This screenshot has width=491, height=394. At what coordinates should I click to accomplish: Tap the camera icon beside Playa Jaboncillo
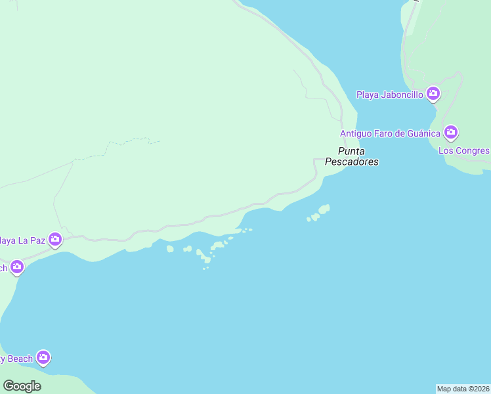433,94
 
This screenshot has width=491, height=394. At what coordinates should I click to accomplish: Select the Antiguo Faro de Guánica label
390,133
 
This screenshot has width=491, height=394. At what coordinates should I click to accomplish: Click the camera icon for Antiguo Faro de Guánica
450,133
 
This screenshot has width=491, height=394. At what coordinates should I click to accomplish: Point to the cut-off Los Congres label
464,150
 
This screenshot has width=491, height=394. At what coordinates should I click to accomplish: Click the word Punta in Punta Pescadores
351,151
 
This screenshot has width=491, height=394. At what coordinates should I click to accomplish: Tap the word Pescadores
352,162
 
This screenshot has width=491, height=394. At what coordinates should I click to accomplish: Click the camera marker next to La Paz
54,240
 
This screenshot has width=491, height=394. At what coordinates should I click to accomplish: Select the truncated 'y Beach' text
16,359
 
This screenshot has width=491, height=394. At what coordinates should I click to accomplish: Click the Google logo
22,386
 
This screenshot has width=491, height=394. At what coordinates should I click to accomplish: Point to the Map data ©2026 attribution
463,389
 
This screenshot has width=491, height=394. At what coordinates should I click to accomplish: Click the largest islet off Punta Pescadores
323,209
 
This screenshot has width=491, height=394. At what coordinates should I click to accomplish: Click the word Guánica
423,133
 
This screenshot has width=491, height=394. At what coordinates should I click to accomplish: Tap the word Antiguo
356,133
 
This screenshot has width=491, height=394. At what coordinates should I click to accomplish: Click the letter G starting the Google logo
8,386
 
